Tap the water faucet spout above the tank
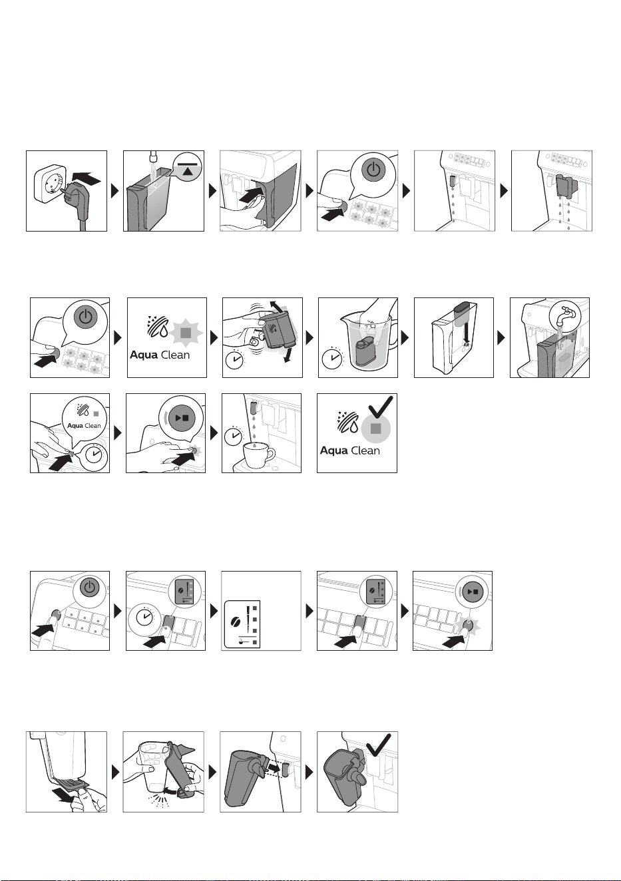(x=152, y=156)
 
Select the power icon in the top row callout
(x=373, y=170)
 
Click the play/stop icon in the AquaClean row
(x=182, y=418)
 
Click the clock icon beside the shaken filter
(x=235, y=359)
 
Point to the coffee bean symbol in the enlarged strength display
(x=236, y=622)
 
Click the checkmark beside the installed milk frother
(x=379, y=745)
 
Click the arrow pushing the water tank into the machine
(x=251, y=195)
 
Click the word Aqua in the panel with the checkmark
(x=333, y=450)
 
